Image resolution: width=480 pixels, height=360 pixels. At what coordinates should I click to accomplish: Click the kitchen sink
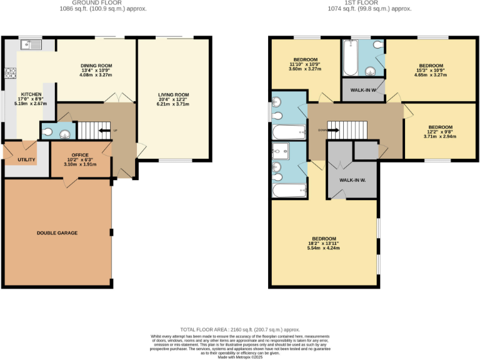click(30, 44)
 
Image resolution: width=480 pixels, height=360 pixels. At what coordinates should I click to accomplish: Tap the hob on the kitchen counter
click(9, 72)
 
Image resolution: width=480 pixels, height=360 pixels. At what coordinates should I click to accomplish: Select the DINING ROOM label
click(96, 66)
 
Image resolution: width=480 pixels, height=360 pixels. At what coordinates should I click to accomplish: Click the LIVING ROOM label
click(173, 94)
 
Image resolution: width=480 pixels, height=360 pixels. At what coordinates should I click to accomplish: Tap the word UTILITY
click(17, 160)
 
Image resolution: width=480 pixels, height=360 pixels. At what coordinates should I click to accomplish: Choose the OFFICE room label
click(80, 154)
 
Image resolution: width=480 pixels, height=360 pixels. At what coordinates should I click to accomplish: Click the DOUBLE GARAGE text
click(57, 232)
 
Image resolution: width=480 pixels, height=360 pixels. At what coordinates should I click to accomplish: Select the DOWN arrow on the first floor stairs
click(331, 131)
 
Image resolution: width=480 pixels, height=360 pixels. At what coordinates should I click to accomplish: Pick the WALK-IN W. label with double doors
click(352, 180)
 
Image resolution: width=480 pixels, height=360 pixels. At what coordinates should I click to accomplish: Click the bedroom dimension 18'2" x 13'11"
click(324, 243)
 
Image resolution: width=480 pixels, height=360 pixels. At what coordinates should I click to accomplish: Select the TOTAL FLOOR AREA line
click(240, 329)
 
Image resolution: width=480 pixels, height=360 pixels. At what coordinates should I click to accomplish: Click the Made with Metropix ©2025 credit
click(240, 357)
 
